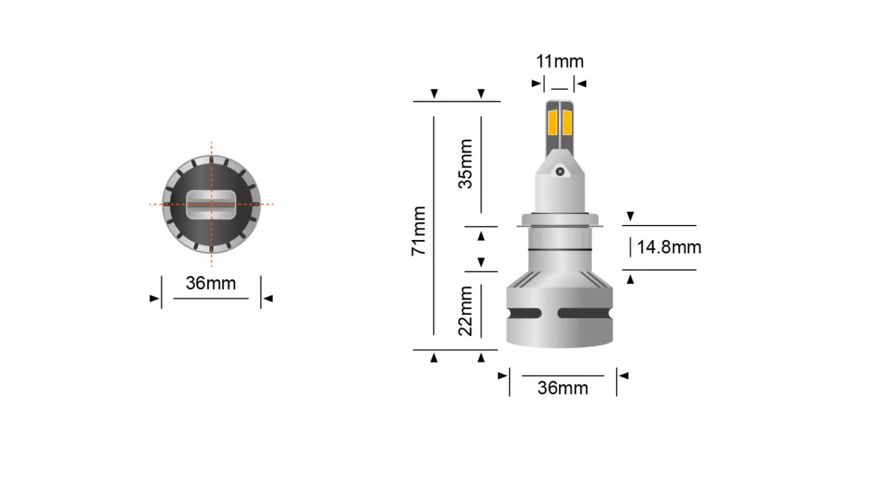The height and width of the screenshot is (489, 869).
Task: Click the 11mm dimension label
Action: coord(559,62)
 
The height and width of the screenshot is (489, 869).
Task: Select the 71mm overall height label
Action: coord(419,231)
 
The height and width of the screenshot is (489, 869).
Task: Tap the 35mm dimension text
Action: coord(466,164)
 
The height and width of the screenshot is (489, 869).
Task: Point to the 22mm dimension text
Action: coord(466,311)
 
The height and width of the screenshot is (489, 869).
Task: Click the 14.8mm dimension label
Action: coord(668,247)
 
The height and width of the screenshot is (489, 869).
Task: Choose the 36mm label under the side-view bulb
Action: coord(563,388)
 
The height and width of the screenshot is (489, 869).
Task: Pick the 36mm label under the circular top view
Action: coord(211,283)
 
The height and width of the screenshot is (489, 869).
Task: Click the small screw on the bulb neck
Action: coord(560,172)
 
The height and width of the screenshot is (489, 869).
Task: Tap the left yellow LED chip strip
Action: coord(552,122)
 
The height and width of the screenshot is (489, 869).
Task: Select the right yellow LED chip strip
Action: coord(567,122)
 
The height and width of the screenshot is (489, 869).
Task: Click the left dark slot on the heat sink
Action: coord(525,313)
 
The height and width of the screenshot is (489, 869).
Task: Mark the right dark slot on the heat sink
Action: coord(584,313)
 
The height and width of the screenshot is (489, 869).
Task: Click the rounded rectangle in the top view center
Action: coord(211,205)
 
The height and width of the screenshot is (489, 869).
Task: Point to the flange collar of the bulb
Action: coord(560,220)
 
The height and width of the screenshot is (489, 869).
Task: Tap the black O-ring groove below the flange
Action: coord(560,249)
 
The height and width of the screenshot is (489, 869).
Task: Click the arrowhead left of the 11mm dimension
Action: coord(536,83)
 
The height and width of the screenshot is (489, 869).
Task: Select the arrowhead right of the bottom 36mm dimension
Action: coord(624,375)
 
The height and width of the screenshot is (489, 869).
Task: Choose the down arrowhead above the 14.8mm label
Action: coord(630,216)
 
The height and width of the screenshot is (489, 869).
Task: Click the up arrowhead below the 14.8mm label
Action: coord(630,279)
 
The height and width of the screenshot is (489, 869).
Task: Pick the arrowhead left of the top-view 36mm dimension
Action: coord(154,298)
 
